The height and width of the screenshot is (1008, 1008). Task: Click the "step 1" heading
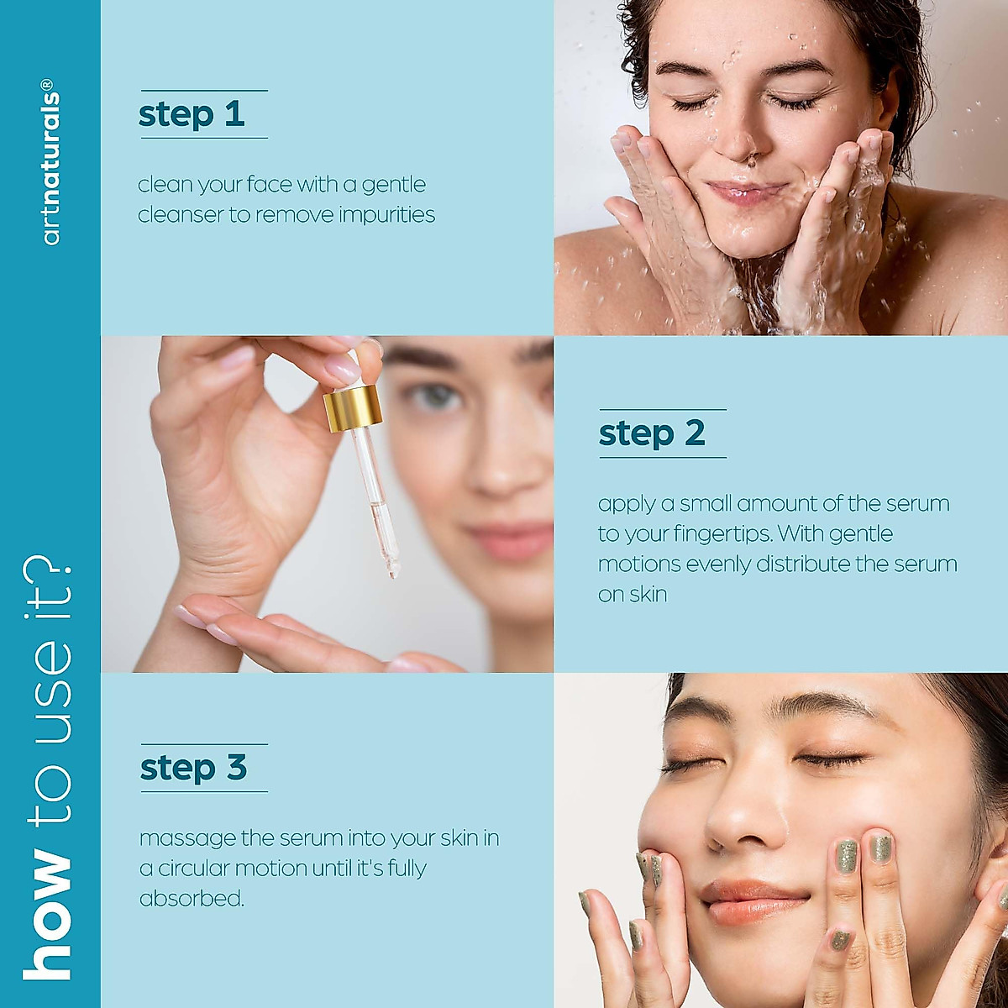[192, 115]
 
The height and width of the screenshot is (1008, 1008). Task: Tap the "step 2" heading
[652, 434]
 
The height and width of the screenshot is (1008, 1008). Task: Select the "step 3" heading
[193, 768]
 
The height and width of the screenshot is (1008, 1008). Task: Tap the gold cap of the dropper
[353, 408]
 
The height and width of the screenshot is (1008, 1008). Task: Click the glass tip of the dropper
[391, 570]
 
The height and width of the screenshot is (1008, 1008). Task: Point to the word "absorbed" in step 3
[192, 899]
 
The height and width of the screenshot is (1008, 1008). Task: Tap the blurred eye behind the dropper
[435, 399]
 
